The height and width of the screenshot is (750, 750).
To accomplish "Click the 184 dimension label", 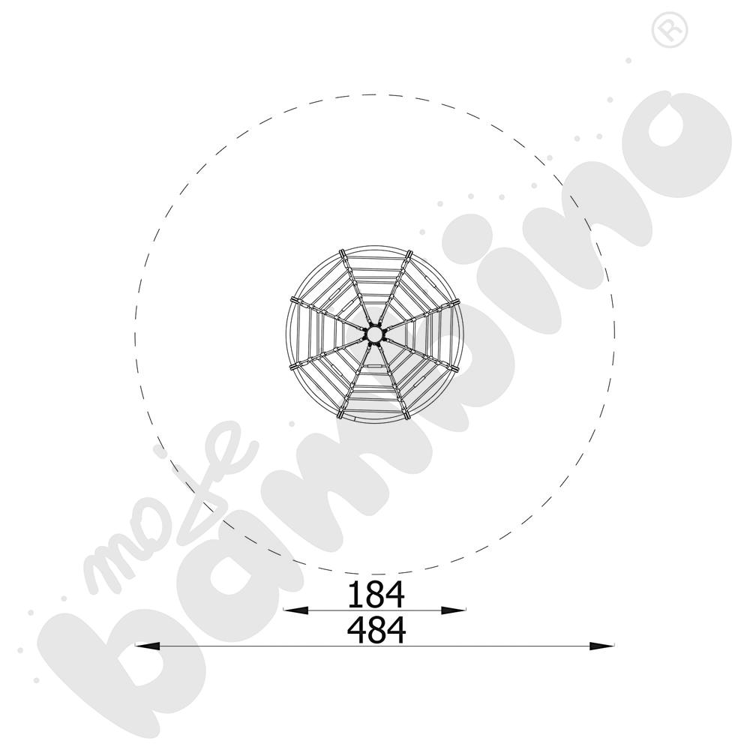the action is point(376,595).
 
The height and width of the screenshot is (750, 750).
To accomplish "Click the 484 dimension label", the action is point(376,631).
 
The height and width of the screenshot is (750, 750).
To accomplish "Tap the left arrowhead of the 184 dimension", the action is point(296,610).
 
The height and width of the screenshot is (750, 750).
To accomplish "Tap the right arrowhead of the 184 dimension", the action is point(452,610).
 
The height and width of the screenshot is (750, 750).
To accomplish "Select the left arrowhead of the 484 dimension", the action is point(147,646).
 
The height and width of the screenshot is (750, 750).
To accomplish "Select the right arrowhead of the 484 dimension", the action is point(601,646).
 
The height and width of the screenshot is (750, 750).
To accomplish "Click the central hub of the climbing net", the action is point(374,334).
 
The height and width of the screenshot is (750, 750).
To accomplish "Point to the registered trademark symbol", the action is point(670,30).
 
